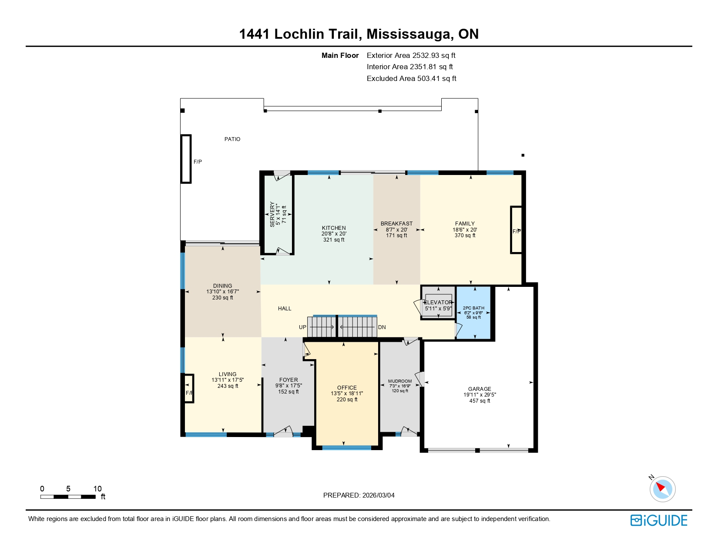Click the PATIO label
click(232, 139)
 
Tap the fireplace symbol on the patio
click(186, 159)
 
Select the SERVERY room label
click(272, 214)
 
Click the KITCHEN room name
click(334, 228)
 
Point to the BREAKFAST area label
click(396, 224)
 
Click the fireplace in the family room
click(516, 230)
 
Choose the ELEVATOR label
click(438, 303)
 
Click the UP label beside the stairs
click(302, 327)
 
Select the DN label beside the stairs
click(382, 327)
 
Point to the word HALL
click(285, 309)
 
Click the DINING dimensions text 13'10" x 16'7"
click(223, 292)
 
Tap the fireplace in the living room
click(189, 388)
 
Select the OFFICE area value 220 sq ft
click(347, 400)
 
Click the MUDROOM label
click(400, 381)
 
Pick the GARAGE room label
click(480, 389)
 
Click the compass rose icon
click(662, 488)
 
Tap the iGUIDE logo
click(659, 521)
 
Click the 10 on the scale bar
click(97, 489)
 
